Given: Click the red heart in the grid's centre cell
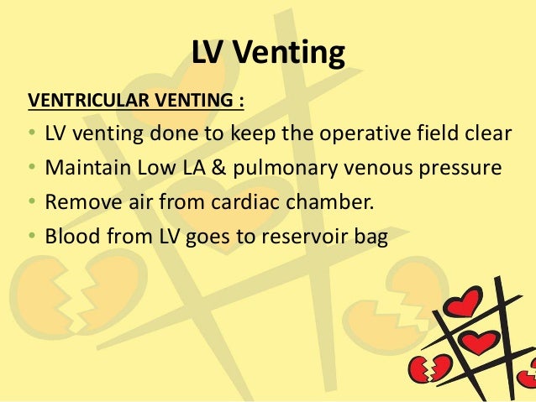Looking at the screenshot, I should click(481, 342).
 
